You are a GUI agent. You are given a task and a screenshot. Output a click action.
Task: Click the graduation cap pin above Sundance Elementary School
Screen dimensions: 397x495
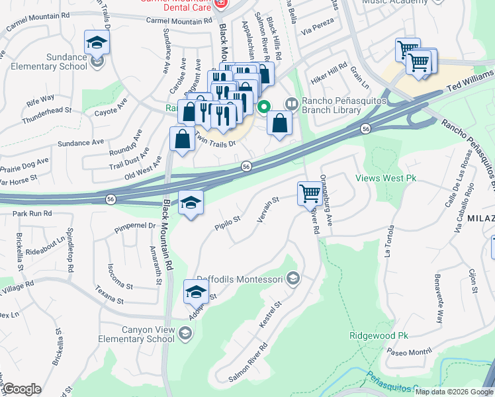tap(97, 43)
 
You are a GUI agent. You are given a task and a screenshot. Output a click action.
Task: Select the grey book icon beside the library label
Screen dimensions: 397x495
tap(290, 104)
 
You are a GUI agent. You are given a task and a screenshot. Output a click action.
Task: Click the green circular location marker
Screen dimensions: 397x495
tap(264, 106)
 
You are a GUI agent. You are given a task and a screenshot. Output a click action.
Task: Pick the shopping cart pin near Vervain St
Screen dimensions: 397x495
tap(309, 193)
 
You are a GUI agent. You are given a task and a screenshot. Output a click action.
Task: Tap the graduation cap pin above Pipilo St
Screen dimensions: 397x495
tap(191, 203)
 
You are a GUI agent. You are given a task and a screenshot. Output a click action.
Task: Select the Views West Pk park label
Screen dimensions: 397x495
tap(386, 178)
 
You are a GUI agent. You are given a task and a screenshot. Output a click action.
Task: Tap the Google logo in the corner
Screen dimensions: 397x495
tap(21, 389)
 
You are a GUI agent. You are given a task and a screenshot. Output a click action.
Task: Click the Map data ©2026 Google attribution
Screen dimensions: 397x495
tap(454, 392)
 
